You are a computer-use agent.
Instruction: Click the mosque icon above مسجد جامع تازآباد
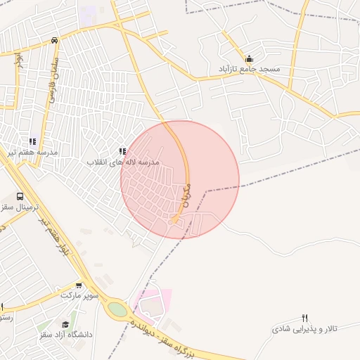248,58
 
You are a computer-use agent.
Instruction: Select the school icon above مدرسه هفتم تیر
32,141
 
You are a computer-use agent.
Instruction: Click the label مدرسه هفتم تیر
34,152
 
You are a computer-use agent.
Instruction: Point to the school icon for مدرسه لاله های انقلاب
122,151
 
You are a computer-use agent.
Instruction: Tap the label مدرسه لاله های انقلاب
124,162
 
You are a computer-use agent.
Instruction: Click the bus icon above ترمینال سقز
19,197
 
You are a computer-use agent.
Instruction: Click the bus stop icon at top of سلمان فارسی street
55,40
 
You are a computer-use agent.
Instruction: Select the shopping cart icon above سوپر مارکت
79,285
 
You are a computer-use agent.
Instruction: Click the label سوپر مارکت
79,296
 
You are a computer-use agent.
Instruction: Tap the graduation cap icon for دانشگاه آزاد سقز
65,324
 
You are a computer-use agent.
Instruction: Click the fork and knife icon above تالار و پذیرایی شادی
304,318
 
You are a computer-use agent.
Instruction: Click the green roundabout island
118,309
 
